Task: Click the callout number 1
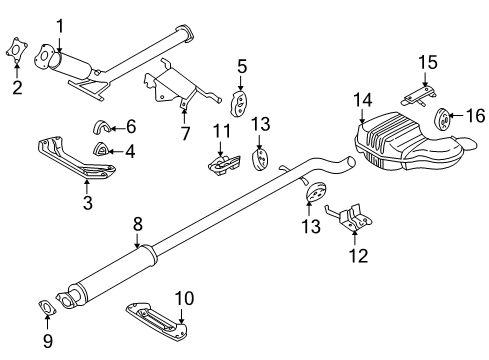[x=59, y=26]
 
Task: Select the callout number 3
[x=88, y=204]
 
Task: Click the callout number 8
[x=183, y=133]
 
